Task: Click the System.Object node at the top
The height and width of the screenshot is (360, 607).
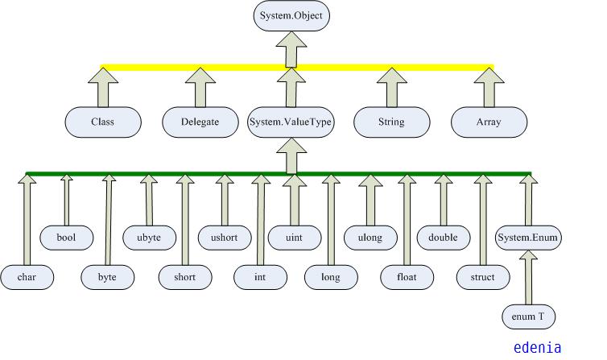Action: coord(291,15)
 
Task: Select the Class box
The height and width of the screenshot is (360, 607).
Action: coord(103,122)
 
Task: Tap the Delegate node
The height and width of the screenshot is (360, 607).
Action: coord(200,122)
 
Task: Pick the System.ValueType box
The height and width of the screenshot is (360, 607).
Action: coord(291,122)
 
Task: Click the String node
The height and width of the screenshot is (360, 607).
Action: coord(391,122)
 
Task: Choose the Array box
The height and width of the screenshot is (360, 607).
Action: coord(489,122)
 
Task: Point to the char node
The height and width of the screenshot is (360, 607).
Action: coord(27,277)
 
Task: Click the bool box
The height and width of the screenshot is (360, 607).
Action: coord(66,238)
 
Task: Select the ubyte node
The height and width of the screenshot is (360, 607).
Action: coord(148,238)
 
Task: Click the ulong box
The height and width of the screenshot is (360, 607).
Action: coord(370,238)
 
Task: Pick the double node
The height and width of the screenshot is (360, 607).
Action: coord(443,238)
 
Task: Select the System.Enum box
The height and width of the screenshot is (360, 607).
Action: coord(528,238)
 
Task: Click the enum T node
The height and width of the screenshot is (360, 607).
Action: coord(528,317)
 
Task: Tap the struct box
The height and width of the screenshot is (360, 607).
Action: coord(482,277)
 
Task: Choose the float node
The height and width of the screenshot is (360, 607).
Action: coord(407,277)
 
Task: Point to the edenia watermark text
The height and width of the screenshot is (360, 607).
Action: coord(537,348)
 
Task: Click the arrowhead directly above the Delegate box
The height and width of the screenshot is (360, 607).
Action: coord(200,77)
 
